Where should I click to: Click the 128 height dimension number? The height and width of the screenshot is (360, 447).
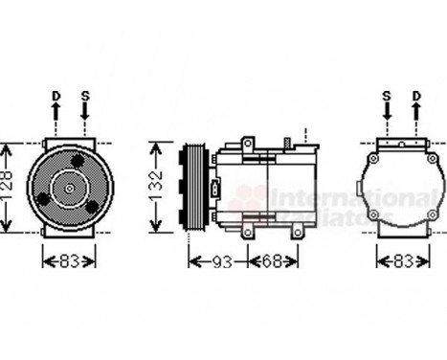(9, 191)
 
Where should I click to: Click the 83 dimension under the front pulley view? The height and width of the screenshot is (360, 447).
(70, 260)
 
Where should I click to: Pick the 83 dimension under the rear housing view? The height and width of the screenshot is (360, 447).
(402, 260)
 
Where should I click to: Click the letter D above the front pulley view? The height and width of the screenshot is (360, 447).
(56, 97)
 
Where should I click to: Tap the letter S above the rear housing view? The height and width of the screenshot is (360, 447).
(387, 97)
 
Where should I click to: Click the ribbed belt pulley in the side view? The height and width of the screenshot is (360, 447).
(192, 190)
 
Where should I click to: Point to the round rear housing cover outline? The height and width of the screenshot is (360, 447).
(401, 190)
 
